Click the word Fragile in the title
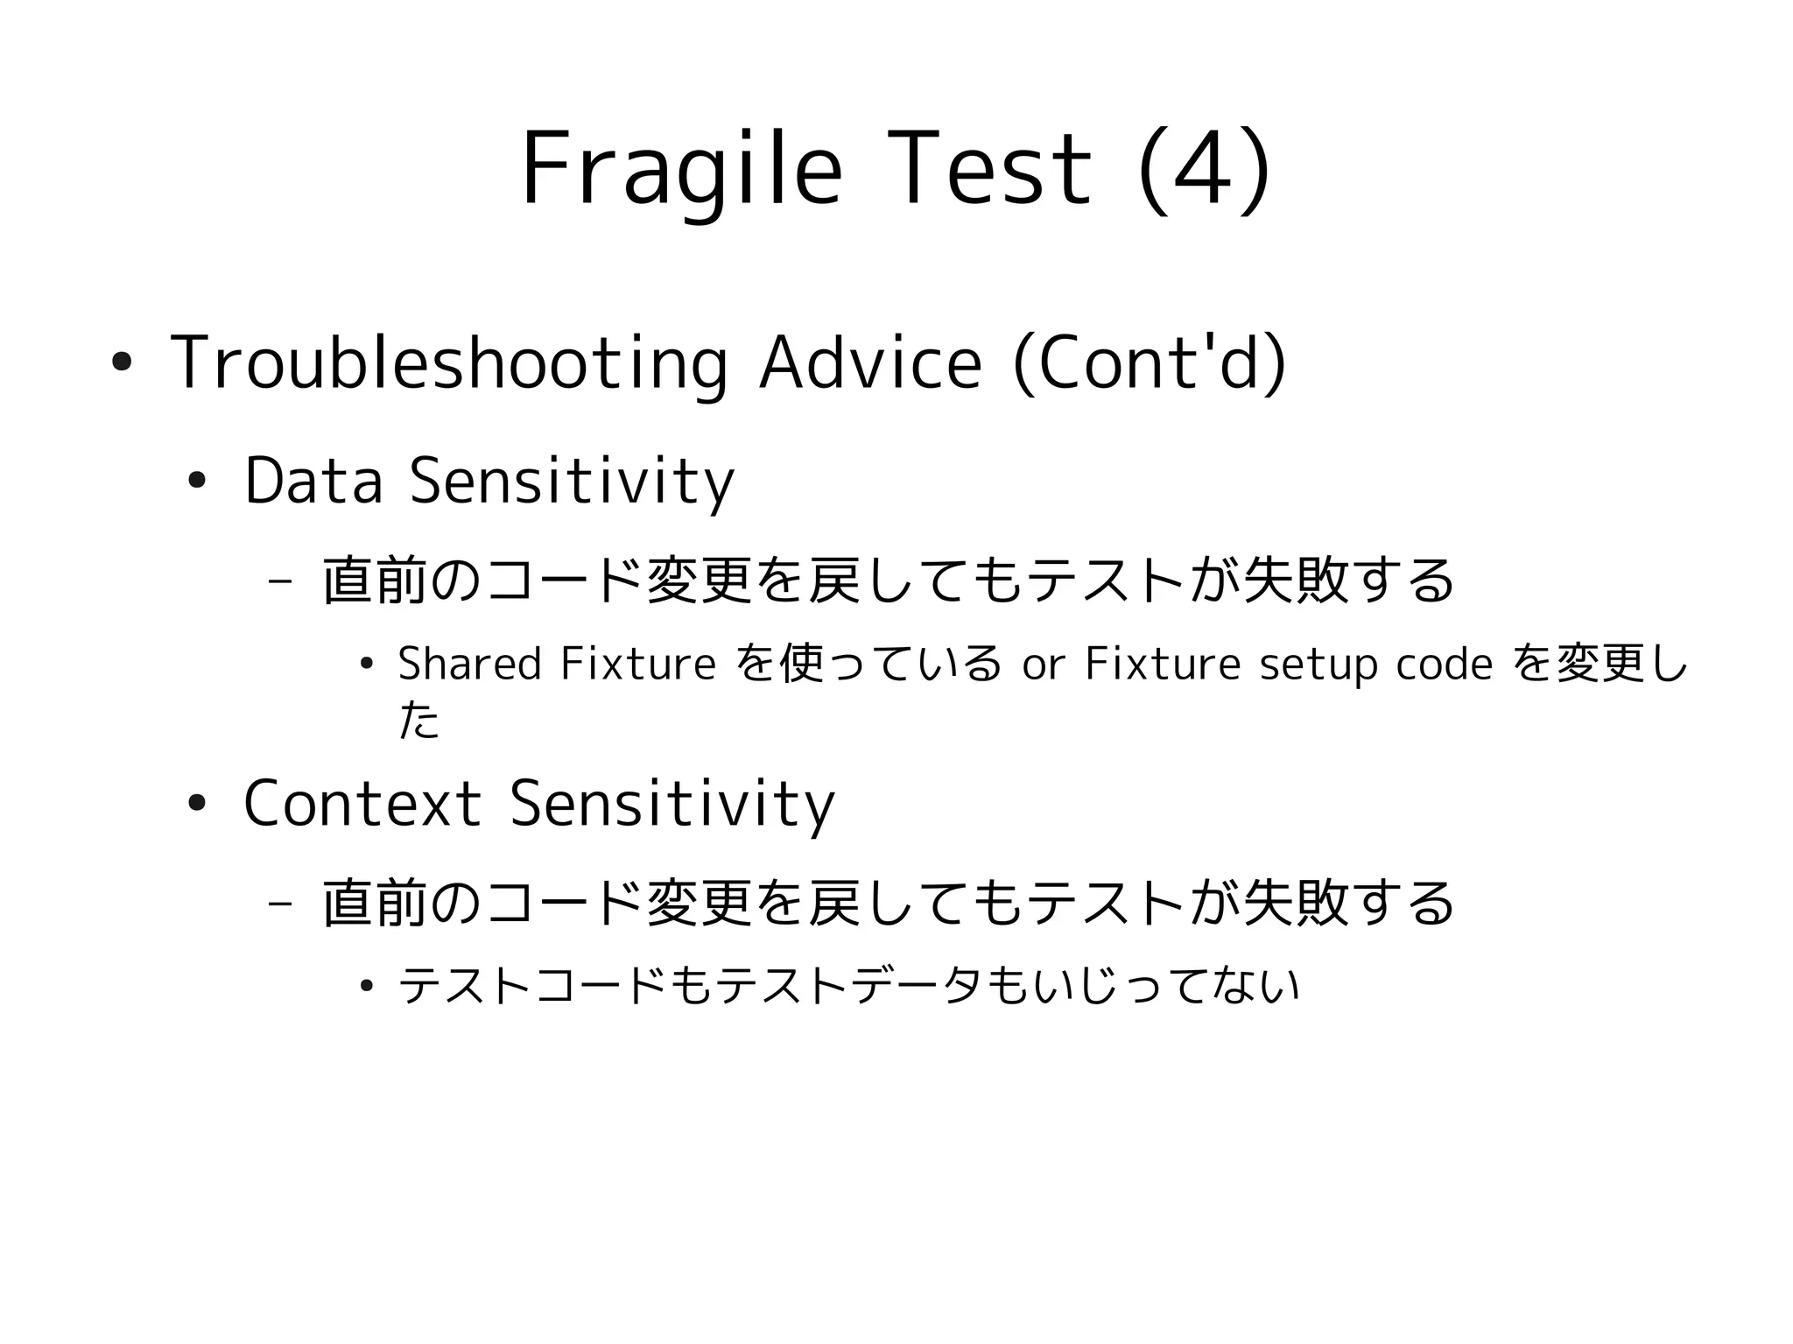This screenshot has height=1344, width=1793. pos(681,171)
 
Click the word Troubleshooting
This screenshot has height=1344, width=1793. pos(448,363)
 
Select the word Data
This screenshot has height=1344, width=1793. pos(313,481)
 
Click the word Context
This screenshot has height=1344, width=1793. pos(362,803)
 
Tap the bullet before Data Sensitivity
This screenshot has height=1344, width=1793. pos(196,481)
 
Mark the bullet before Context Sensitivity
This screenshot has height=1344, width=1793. pos(196,803)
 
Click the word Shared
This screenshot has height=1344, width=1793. pos(469,663)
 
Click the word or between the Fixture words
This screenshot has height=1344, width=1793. pos(1043,665)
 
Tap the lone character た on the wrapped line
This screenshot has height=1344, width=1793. pos(418,721)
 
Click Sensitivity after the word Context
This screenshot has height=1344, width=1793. pos(671,803)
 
